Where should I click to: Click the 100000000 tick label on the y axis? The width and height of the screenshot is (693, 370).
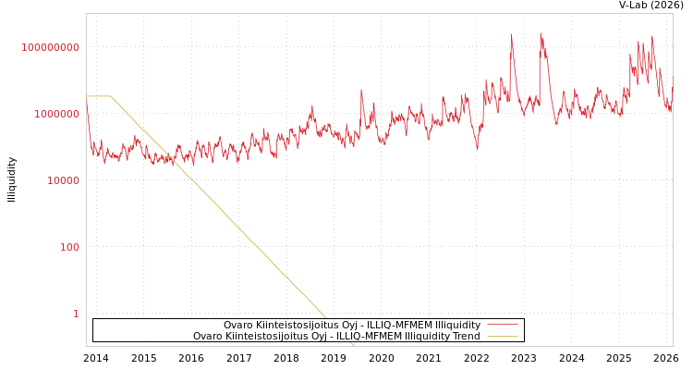click(51, 47)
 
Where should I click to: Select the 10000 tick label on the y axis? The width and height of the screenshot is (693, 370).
click(64, 180)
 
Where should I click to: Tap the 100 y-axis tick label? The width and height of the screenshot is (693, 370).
click(70, 247)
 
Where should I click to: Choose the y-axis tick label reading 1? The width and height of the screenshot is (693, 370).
click(76, 314)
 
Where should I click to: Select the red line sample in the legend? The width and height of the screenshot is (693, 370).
click(503, 325)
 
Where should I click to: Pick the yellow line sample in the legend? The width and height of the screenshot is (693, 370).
click(503, 337)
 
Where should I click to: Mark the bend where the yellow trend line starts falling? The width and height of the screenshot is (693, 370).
click(111, 96)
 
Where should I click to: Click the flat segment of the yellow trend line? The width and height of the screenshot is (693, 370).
click(98, 96)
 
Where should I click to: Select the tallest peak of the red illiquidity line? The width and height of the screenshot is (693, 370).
click(541, 34)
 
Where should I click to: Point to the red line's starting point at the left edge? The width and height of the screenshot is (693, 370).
click(87, 115)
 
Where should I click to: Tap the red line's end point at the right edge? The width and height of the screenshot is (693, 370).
click(672, 78)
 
